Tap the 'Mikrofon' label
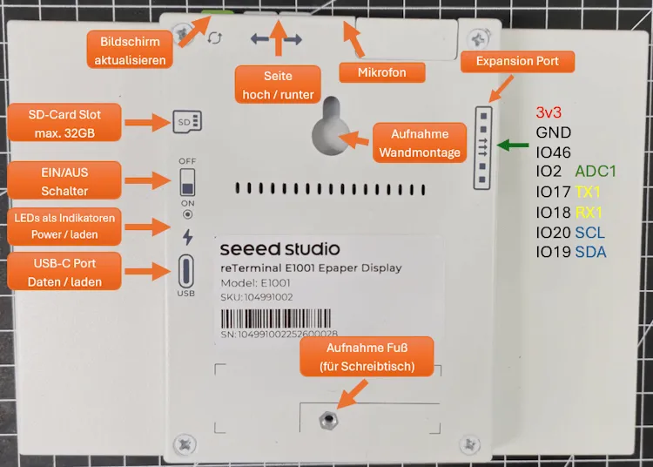pos(381,72)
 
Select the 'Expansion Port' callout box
pos(517,62)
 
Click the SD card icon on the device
pos(187,120)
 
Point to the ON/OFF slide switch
pos(187,184)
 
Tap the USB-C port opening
pos(186,269)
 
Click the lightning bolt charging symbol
pos(187,236)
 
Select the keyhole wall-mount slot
pos(330,127)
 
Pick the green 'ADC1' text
pos(596,172)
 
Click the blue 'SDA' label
pos(591,253)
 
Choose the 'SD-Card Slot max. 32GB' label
pos(64,124)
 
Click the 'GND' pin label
pos(555,133)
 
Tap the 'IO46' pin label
pos(554,152)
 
